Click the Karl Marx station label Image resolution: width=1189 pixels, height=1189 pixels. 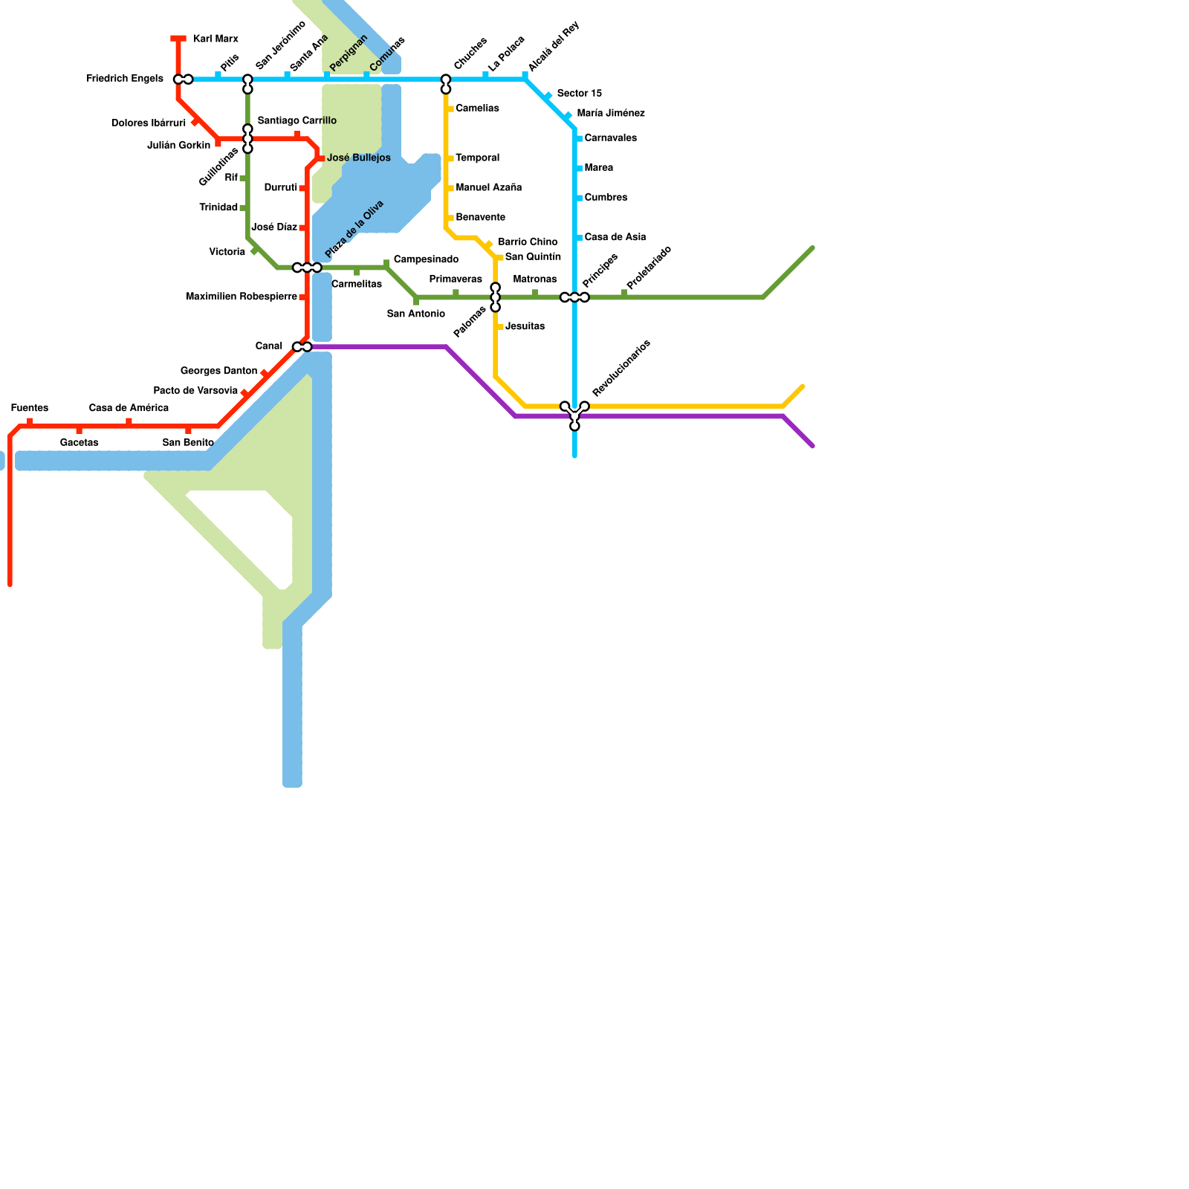tap(215, 39)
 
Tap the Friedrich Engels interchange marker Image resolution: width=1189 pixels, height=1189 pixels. tap(183, 80)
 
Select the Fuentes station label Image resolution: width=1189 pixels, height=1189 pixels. tap(30, 408)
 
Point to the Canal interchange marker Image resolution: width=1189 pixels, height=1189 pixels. tap(302, 347)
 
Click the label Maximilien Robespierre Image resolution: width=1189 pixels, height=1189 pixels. tap(242, 297)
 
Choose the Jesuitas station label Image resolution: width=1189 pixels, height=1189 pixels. tap(525, 327)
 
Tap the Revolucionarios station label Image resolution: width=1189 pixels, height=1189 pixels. tap(621, 368)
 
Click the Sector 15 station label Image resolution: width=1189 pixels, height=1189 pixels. tap(579, 94)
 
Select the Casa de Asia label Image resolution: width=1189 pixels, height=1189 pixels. tap(615, 238)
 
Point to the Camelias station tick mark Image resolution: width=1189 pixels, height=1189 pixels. tap(450, 109)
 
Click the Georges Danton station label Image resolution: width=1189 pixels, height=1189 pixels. tap(218, 371)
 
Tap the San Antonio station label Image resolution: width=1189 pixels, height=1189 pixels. tap(416, 314)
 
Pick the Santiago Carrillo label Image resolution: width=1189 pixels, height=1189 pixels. tap(297, 121)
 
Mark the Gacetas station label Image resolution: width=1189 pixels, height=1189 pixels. tap(80, 443)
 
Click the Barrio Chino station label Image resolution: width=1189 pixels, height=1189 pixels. tap(528, 242)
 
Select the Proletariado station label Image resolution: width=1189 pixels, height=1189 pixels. tap(649, 268)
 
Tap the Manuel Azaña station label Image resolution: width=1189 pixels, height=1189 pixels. tap(488, 188)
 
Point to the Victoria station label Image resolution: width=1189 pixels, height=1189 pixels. tap(227, 253)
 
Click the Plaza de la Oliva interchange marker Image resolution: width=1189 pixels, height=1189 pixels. tap(307, 268)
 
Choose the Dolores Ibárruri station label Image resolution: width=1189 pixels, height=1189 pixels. tap(149, 123)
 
